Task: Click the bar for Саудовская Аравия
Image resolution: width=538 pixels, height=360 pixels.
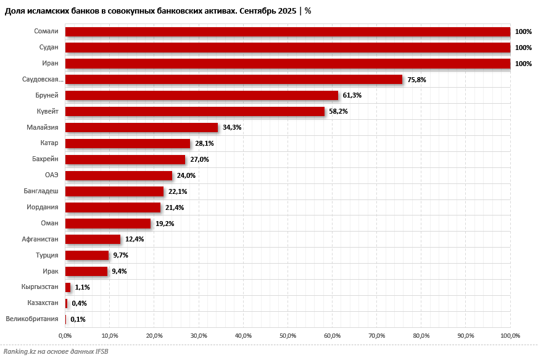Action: [x=234, y=80]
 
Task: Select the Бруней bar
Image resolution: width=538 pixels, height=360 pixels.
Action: [x=202, y=96]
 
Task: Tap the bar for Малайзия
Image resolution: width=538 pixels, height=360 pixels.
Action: [x=141, y=127]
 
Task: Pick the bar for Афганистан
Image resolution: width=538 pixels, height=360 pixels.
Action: [x=93, y=239]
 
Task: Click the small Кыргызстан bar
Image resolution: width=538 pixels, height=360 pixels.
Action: [x=68, y=287]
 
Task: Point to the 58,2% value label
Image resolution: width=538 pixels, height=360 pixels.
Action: [x=338, y=111]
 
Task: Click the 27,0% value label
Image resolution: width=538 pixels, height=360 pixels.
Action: [x=199, y=159]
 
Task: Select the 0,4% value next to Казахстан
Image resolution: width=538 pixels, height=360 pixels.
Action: [x=79, y=303]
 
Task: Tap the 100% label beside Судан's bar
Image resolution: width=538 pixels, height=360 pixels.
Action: [x=523, y=48]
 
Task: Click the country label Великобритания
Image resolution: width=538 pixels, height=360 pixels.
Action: [x=32, y=319]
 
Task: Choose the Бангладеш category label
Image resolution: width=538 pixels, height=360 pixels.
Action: [x=41, y=191]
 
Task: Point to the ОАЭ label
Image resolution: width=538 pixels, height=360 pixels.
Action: [x=51, y=175]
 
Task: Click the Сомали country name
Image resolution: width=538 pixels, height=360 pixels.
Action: [x=46, y=31]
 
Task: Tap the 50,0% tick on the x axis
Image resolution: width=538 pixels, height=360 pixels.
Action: [x=288, y=336]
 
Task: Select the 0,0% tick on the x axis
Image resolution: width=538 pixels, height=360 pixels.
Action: [x=65, y=336]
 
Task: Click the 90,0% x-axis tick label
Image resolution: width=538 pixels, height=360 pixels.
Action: [x=466, y=336]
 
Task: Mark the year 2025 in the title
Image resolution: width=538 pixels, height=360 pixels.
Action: [x=287, y=11]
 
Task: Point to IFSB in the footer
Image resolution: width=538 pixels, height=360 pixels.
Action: [x=102, y=351]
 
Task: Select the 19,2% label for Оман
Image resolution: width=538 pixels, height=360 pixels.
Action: [x=165, y=224]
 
